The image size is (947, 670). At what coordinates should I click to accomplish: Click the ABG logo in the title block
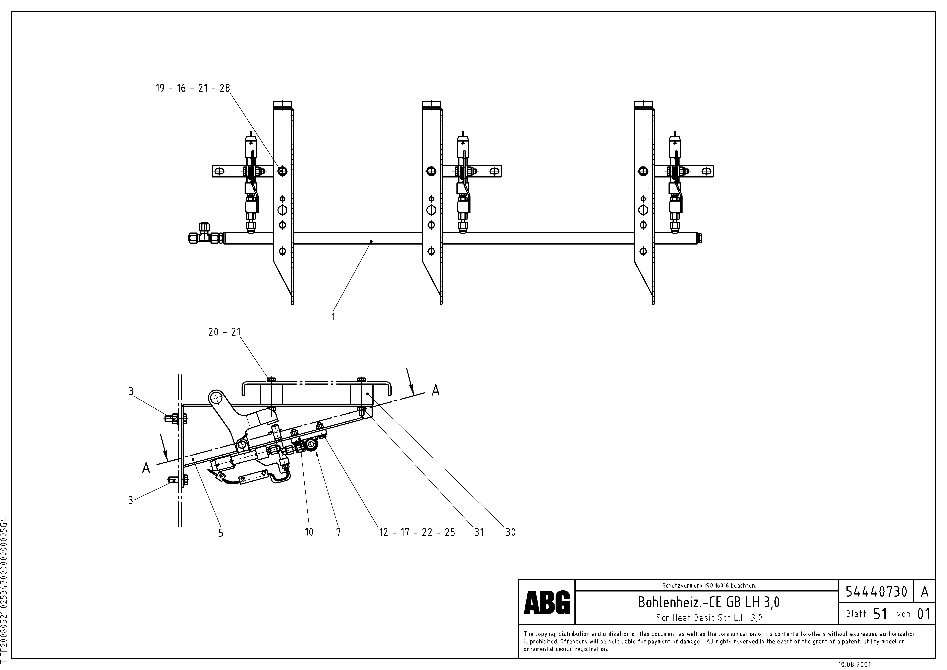tap(547, 602)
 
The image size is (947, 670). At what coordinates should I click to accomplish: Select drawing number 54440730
tap(876, 592)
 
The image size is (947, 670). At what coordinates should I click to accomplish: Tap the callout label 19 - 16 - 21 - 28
tap(193, 88)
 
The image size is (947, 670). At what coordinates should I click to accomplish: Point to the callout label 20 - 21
tap(224, 332)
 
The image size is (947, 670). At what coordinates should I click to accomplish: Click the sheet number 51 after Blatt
tap(880, 614)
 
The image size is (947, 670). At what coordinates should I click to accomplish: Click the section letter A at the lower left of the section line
tap(146, 468)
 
